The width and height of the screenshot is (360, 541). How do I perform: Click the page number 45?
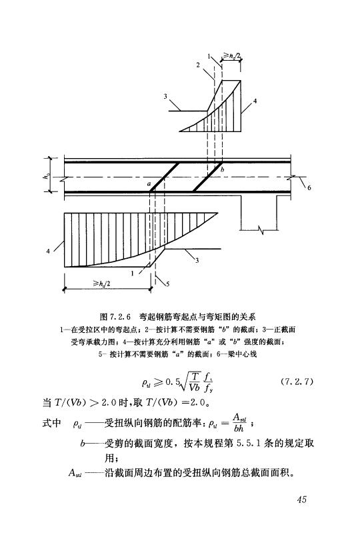(x=301, y=499)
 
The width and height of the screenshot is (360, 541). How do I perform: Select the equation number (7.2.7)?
(x=297, y=382)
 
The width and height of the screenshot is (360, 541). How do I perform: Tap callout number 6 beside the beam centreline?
(x=309, y=187)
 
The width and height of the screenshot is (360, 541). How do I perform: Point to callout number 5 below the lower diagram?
(x=167, y=284)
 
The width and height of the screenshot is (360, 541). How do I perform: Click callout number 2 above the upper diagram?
(x=198, y=65)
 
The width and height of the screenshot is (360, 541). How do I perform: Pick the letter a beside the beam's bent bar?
(x=149, y=184)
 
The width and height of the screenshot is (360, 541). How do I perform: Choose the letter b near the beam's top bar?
(x=223, y=169)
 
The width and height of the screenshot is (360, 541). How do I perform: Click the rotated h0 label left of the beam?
(x=45, y=175)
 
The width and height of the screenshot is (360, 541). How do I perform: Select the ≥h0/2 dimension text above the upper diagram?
(x=232, y=55)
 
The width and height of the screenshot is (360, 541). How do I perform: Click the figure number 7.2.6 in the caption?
(x=119, y=316)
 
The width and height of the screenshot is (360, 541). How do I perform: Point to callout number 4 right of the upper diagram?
(x=255, y=101)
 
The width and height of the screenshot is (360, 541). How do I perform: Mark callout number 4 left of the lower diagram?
(x=48, y=251)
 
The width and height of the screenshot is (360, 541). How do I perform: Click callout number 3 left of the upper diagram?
(x=165, y=97)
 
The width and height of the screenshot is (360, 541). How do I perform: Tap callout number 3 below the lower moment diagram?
(x=197, y=260)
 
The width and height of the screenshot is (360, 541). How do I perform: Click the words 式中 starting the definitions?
(x=51, y=423)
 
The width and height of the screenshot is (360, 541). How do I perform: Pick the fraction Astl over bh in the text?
(x=239, y=423)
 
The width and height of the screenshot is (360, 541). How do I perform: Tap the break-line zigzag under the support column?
(x=261, y=229)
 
